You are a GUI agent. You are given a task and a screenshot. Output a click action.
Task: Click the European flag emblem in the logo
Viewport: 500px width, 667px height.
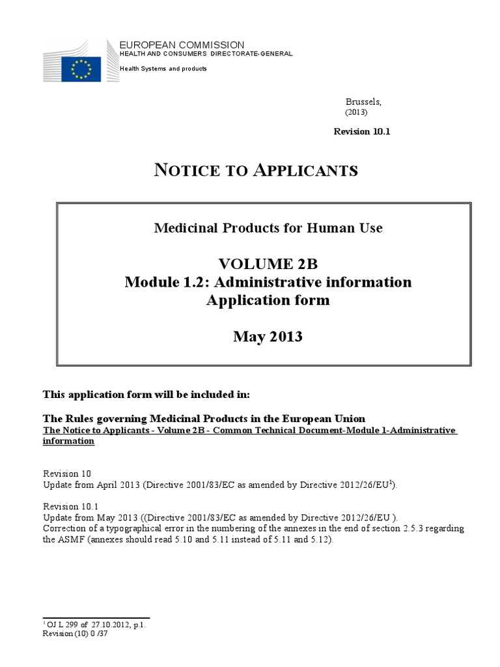81,68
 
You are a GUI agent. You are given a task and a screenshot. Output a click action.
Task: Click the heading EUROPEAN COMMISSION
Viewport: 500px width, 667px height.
182,44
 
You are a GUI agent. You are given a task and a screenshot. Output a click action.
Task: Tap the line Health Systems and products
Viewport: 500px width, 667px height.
163,68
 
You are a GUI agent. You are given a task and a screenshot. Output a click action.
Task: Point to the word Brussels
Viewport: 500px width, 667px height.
363,102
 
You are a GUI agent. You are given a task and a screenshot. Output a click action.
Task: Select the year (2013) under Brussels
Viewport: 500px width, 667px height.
356,112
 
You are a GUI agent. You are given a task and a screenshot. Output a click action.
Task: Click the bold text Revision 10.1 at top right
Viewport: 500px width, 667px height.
362,132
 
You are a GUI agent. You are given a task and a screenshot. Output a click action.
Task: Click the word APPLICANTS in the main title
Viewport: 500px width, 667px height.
305,171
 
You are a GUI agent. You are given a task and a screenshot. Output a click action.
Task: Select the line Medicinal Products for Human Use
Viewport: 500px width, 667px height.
268,228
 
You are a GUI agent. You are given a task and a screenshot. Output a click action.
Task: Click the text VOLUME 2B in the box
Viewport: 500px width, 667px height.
268,264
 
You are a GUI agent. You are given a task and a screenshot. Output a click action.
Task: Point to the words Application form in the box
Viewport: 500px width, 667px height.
268,300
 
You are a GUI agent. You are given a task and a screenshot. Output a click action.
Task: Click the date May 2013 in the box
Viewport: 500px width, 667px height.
268,337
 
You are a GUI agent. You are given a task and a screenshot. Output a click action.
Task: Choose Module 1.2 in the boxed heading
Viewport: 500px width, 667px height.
163,282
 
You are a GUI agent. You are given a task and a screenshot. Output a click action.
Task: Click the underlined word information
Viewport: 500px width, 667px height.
68,441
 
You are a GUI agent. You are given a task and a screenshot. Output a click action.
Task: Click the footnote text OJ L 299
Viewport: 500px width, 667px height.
62,624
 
